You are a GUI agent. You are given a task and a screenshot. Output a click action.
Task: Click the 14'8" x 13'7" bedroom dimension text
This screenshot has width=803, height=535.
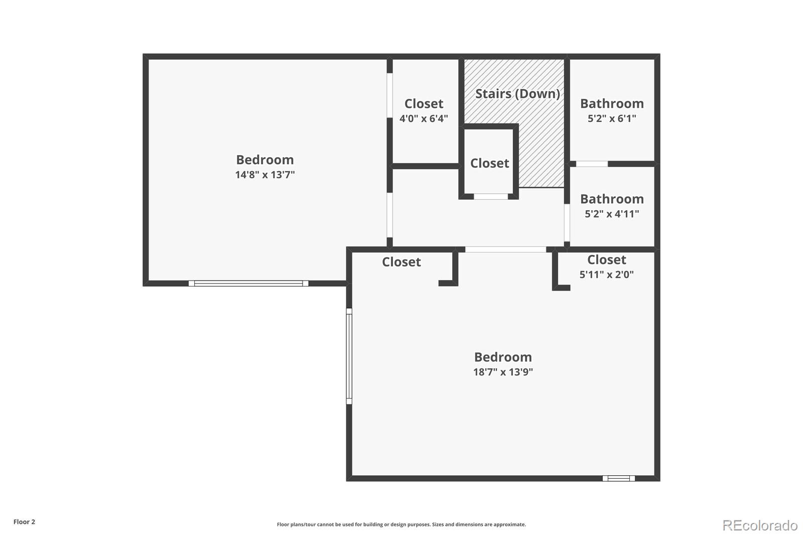(x=265, y=175)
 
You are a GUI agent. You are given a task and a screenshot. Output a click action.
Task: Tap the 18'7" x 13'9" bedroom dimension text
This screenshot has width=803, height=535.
(x=503, y=372)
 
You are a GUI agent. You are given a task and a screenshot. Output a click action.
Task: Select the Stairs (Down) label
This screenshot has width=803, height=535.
(x=517, y=94)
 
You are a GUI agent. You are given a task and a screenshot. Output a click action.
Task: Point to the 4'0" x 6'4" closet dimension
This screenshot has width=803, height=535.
(x=424, y=119)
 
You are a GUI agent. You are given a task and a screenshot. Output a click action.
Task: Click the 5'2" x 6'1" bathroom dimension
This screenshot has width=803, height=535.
(x=612, y=119)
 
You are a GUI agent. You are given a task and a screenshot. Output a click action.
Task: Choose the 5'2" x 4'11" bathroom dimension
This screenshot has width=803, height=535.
(x=612, y=214)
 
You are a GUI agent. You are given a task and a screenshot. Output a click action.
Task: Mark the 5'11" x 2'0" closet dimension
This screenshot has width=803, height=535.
(x=606, y=275)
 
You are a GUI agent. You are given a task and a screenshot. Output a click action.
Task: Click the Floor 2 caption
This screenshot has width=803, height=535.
(x=24, y=522)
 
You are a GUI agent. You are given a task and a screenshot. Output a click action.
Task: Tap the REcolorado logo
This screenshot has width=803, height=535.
(x=760, y=525)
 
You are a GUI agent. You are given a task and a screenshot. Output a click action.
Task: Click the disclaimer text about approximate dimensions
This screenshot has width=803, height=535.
(x=401, y=524)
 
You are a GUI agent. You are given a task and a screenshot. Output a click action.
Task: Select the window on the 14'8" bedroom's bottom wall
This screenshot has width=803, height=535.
(x=248, y=284)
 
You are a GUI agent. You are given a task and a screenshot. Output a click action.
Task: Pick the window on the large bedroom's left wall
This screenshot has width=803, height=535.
(x=349, y=356)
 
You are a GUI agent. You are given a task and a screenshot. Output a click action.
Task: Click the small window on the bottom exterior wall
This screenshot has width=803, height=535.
(x=618, y=478)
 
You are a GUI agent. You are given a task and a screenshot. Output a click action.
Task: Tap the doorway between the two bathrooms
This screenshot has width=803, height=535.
(x=592, y=164)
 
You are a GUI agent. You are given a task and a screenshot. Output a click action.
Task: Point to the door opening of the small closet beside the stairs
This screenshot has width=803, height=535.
(x=491, y=197)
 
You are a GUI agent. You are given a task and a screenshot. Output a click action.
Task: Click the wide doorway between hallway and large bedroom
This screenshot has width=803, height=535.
(x=505, y=249)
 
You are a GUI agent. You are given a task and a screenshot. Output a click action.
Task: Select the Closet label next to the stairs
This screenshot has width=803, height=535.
(x=489, y=164)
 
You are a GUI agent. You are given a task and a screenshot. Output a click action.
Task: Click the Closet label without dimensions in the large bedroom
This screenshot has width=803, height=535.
(x=401, y=262)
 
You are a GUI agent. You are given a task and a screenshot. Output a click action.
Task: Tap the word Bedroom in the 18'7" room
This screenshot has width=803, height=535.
(x=503, y=357)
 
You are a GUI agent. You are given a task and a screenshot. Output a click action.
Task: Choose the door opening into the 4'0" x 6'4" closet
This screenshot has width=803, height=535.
(x=389, y=95)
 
